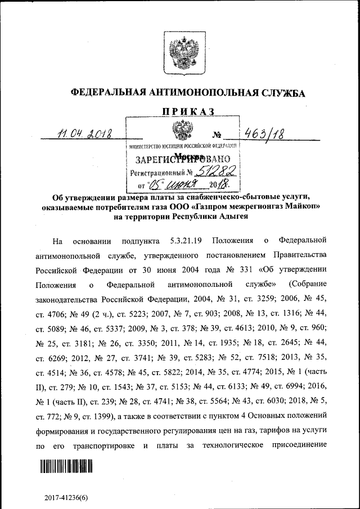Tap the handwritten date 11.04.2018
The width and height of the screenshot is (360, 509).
85,134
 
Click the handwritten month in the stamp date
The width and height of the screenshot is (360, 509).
180,184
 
